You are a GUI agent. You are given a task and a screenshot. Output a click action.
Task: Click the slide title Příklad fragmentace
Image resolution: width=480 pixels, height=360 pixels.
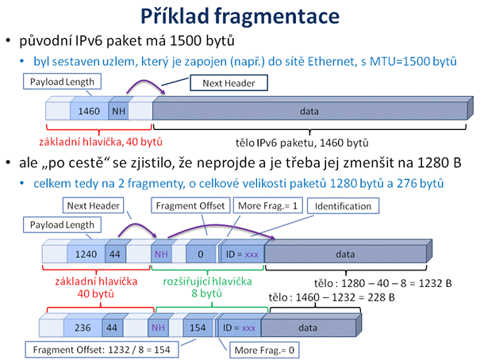point(240,16)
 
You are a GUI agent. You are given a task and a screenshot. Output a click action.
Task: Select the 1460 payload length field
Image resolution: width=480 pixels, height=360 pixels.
point(89,111)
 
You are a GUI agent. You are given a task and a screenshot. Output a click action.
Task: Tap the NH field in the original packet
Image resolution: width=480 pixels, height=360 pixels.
point(118,111)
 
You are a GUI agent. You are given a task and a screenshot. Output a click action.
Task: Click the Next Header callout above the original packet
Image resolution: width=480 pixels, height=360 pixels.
point(229,83)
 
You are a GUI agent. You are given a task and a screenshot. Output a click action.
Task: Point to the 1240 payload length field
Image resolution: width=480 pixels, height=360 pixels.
point(86,254)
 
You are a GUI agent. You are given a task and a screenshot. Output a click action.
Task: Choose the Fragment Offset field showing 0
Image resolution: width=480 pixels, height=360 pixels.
point(201,254)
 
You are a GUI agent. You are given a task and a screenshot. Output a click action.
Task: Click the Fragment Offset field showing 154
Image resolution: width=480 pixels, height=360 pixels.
point(198,327)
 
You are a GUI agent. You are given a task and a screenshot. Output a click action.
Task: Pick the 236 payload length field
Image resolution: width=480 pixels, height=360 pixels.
point(83,327)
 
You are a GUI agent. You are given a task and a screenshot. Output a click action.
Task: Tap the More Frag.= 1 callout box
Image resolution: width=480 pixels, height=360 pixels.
point(268,205)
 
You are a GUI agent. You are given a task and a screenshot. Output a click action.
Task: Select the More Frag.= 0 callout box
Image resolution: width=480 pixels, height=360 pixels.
point(264,350)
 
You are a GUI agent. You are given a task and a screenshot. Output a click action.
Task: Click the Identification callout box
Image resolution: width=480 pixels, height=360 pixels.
point(343,206)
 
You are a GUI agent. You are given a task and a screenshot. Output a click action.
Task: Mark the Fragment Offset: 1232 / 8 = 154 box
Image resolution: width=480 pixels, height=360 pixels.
point(102,350)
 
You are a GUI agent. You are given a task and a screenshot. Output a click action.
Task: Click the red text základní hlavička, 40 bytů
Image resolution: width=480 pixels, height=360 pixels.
point(101,142)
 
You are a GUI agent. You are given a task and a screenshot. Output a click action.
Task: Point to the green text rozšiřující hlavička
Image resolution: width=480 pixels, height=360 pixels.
point(207,281)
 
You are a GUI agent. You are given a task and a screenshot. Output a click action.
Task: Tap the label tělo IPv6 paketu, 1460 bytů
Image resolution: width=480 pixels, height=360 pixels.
point(301,143)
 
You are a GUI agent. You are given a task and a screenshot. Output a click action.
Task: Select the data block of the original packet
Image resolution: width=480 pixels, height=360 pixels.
point(309,111)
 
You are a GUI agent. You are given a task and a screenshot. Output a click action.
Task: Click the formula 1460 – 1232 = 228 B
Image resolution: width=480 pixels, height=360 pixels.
point(345,297)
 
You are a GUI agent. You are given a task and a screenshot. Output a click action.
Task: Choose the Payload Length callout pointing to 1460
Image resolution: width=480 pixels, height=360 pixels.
point(62,82)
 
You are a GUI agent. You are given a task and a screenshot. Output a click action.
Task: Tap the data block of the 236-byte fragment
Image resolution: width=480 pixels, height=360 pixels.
point(309,327)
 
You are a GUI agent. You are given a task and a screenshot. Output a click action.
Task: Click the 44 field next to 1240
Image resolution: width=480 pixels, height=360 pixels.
point(115,254)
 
